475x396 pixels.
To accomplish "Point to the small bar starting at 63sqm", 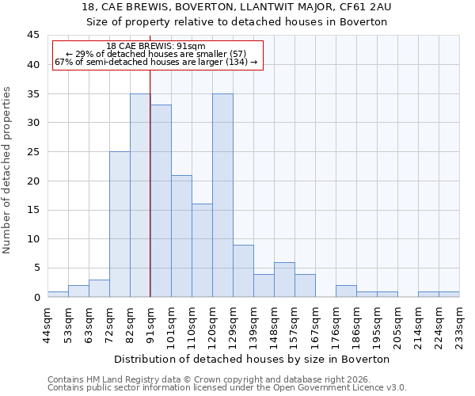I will pyautogui.click(x=99, y=288).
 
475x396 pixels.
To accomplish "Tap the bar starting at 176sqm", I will pyautogui.click(x=346, y=291).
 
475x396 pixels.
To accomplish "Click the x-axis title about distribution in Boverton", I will pyautogui.click(x=253, y=359).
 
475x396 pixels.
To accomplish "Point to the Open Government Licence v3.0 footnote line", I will pyautogui.click(x=227, y=387).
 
